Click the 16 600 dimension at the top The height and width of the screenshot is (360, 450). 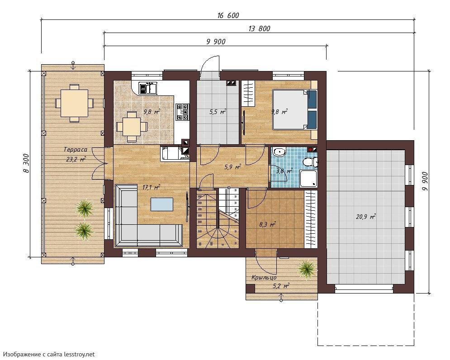pos(228,15)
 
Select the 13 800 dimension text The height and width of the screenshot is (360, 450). pos(260,28)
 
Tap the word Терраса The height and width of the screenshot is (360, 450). pos(75,150)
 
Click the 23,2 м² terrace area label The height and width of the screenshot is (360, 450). pos(76,159)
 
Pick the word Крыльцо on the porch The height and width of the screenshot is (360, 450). pos(264,278)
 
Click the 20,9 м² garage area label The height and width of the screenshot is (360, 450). pos(366,217)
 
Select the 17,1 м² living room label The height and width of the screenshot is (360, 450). pos(151,188)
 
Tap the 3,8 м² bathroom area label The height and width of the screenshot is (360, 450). pos(284,171)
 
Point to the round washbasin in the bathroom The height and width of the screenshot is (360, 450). pos(278,152)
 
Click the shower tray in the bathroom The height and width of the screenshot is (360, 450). pos(308,178)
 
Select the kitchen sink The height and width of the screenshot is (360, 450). pos(148,88)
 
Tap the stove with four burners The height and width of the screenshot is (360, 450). pos(183,112)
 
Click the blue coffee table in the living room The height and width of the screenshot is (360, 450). pos(162,204)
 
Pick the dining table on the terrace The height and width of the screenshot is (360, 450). pos(74,103)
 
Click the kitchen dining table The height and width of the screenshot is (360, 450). pos(132,127)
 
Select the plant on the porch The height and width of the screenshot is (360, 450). pos(307,269)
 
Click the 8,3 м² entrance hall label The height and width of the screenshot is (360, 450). pos(267,224)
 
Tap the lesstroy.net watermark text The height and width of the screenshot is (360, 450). pos(48,354)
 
